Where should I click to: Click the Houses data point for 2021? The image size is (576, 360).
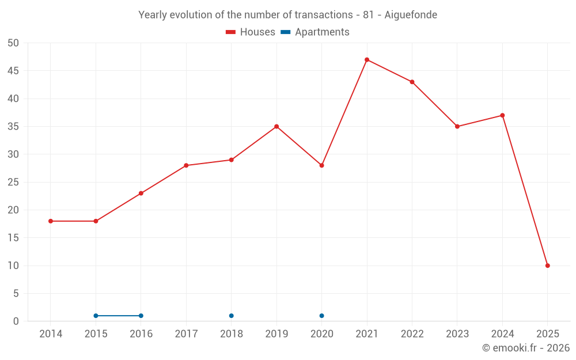[x=367, y=60]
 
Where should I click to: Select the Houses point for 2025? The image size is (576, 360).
[x=548, y=266]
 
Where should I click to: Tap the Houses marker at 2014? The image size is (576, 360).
[x=51, y=221]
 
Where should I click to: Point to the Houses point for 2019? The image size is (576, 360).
[x=276, y=127]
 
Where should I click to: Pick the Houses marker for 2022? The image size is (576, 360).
[x=412, y=82]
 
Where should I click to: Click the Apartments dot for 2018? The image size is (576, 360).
[x=232, y=316]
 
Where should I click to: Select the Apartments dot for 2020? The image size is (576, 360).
[x=321, y=316]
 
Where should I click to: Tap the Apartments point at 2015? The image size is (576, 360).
[x=96, y=316]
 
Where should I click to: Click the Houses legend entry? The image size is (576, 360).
[x=251, y=32]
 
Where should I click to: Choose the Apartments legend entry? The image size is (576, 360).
[x=315, y=32]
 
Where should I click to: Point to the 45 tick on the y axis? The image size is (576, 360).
[x=13, y=71]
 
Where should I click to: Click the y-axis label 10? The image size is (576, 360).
[x=13, y=266]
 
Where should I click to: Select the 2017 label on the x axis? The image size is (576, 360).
[x=186, y=334]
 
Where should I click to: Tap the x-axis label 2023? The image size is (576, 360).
[x=457, y=334]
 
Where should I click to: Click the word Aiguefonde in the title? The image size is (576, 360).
[x=411, y=15]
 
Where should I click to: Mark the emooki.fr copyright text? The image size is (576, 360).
[x=526, y=348]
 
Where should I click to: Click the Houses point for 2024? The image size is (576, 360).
[x=502, y=115]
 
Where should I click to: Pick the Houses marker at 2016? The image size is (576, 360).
[x=141, y=194]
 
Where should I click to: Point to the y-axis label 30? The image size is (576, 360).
[x=13, y=154]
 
